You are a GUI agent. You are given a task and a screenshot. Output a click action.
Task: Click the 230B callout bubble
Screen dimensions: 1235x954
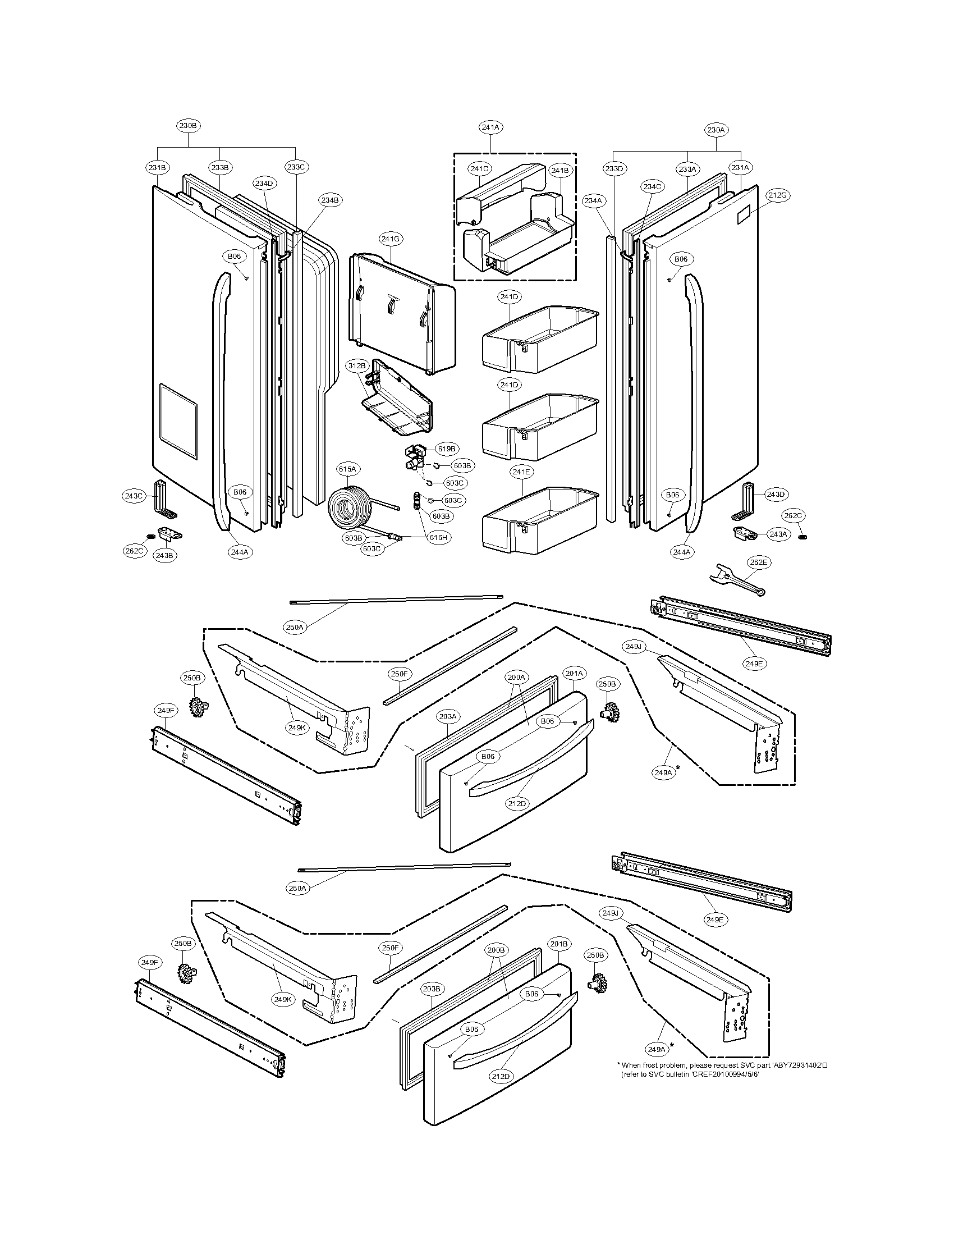point(187,126)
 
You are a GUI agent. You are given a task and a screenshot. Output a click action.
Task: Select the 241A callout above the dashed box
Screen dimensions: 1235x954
point(490,128)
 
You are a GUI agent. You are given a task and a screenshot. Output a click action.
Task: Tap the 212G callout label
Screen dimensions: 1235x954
point(777,195)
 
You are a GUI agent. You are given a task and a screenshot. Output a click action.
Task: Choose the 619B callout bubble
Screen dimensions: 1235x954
point(446,449)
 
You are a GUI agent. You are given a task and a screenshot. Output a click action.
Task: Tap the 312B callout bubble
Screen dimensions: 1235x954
point(357,366)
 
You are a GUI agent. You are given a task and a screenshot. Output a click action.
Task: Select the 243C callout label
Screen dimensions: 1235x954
point(134,496)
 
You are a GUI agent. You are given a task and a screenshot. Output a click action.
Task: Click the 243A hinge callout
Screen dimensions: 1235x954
point(778,534)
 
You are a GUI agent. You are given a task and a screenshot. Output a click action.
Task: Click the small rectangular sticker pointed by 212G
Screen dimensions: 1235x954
point(746,214)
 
